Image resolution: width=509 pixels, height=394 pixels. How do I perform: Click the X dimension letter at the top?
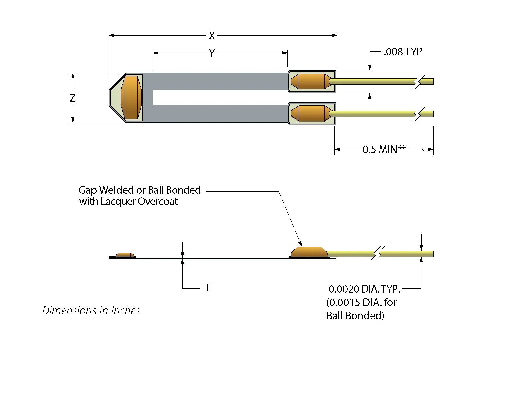tap(212, 36)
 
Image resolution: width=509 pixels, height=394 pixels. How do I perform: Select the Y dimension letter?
tap(212, 53)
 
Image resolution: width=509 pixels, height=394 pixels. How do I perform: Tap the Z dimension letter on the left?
tap(73, 98)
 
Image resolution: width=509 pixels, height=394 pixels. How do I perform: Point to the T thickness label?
tap(208, 288)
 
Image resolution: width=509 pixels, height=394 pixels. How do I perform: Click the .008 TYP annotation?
tap(403, 52)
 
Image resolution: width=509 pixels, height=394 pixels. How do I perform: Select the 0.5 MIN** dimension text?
tap(384, 149)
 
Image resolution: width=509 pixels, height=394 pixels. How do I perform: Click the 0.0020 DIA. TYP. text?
tap(364, 289)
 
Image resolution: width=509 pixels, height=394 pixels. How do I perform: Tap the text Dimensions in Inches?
tap(91, 311)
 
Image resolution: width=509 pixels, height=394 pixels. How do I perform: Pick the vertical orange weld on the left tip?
tap(131, 98)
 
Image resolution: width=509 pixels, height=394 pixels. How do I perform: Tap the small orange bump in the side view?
tap(125, 255)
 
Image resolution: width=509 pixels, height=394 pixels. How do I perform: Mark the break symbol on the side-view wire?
tap(378, 254)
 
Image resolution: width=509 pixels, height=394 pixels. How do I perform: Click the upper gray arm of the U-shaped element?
tap(216, 82)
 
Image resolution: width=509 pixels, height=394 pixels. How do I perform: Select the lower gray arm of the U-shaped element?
tap(216, 113)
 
